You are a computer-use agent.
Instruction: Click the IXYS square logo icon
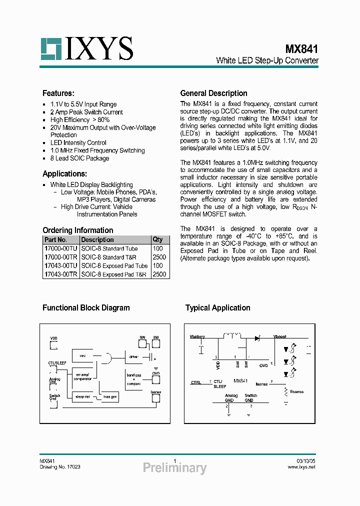tap(51, 48)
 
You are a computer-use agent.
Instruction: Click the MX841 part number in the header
tap(301, 49)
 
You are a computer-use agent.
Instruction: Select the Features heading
tap(58, 93)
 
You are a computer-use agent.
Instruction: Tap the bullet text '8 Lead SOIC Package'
tap(79, 158)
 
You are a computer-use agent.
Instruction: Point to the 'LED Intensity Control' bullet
tap(78, 142)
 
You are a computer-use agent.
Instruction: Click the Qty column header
tap(157, 239)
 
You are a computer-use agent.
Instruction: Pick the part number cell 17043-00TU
tap(60, 266)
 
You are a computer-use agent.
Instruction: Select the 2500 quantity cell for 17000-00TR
tap(159, 257)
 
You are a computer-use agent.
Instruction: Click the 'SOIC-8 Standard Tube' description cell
tap(109, 248)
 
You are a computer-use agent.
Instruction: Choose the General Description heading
tap(213, 93)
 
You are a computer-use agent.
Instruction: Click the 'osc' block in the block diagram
tap(83, 356)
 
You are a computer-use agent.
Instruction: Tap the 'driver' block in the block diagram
tap(133, 357)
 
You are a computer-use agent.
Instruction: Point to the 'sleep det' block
tap(82, 396)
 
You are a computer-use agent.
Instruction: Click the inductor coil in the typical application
tap(230, 335)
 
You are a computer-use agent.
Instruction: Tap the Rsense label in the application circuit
tap(296, 392)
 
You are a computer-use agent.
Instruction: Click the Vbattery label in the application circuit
tap(197, 337)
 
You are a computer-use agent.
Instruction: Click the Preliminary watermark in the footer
tap(174, 468)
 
